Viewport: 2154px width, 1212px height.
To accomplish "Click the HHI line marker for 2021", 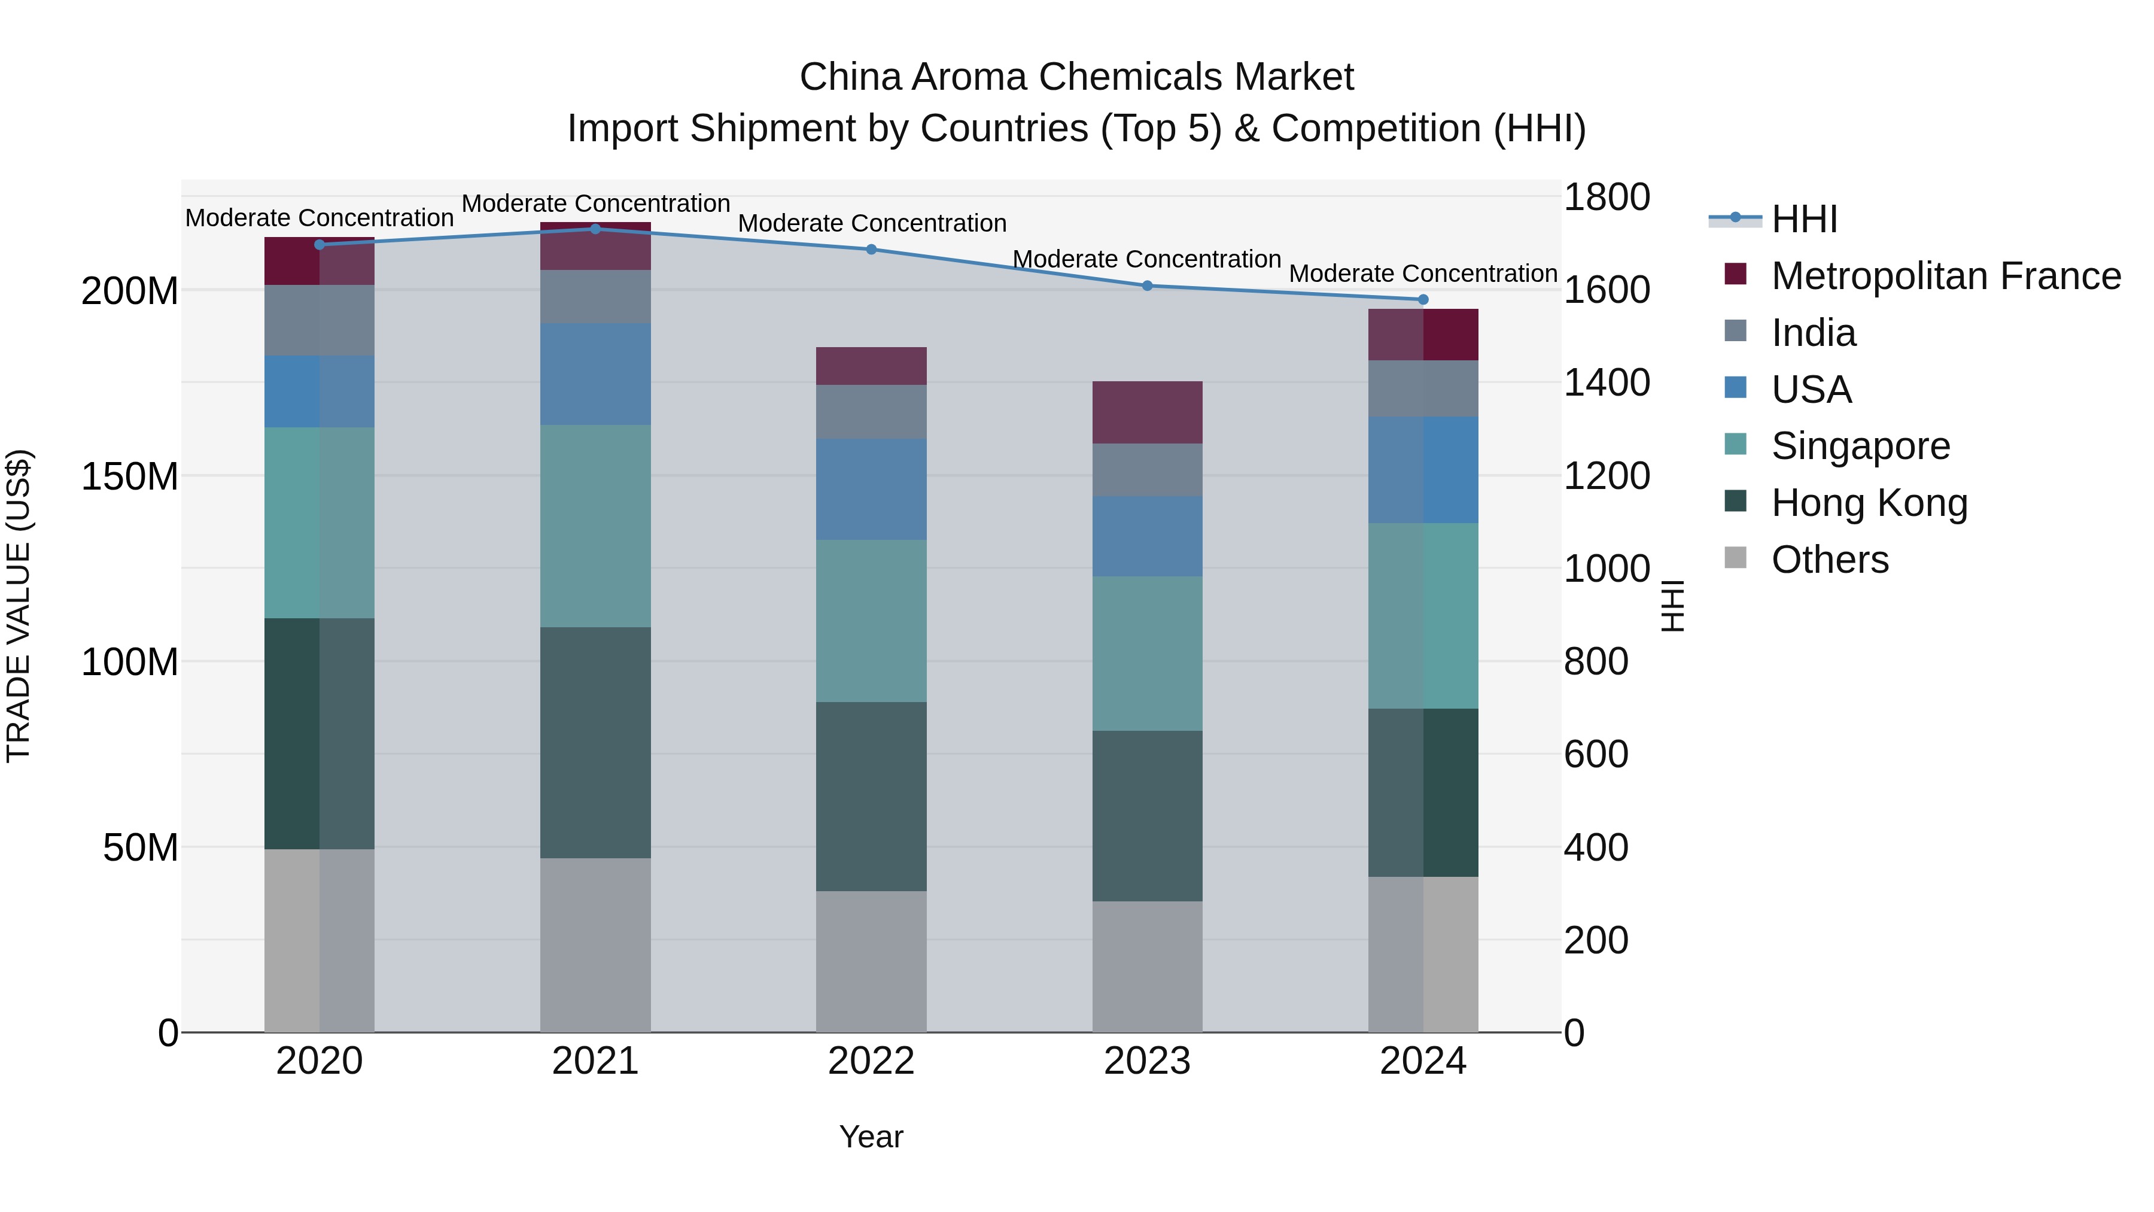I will coord(595,229).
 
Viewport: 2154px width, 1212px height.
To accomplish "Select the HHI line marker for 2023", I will coord(1147,286).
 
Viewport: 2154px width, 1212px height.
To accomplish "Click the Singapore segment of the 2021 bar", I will coord(595,526).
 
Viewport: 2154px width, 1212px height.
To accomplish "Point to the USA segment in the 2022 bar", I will coord(871,490).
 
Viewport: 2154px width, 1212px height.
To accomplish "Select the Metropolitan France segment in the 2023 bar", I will coord(1147,412).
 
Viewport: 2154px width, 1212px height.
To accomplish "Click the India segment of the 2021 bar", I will coord(595,297).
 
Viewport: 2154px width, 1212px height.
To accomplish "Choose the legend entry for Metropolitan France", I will coord(1945,276).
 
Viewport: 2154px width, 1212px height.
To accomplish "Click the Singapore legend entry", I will coord(1860,446).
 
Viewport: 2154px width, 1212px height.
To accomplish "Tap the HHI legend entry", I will coord(1803,219).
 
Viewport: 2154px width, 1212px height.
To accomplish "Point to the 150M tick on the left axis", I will coord(130,477).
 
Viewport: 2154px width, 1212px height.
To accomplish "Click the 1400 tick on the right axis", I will coord(1607,383).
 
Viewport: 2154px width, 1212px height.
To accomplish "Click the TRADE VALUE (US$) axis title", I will coord(19,606).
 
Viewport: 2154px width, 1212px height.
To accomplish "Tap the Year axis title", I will coord(871,1137).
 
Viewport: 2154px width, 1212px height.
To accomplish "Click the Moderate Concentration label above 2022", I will coord(871,223).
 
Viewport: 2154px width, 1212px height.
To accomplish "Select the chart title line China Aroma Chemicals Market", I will coord(1076,77).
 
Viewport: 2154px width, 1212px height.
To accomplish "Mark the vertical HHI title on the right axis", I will coord(1672,606).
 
